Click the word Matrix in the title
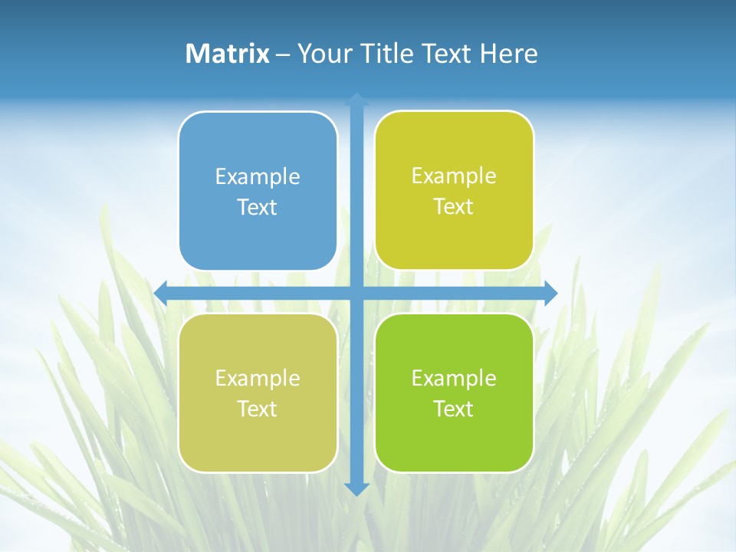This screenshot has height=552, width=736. pos(228,54)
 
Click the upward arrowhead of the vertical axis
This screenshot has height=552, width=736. pos(356,99)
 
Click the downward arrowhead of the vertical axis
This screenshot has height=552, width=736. pos(356,489)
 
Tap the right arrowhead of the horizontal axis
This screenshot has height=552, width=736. pos(550,293)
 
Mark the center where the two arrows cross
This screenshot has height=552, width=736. pos(356,293)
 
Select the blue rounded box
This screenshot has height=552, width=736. pos(258,191)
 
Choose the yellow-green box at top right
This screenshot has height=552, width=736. pos(454,191)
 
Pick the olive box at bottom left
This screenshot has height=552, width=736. pos(258,393)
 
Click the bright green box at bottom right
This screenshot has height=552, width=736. pos(454,393)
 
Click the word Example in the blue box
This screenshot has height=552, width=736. pos(258,176)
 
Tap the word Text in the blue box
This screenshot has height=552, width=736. pos(258,207)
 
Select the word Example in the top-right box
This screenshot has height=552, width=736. pos(454,176)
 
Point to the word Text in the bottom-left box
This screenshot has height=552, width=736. pos(258,409)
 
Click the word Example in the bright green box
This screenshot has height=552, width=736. pos(454,378)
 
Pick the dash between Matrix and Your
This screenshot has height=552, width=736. pos(283,54)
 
